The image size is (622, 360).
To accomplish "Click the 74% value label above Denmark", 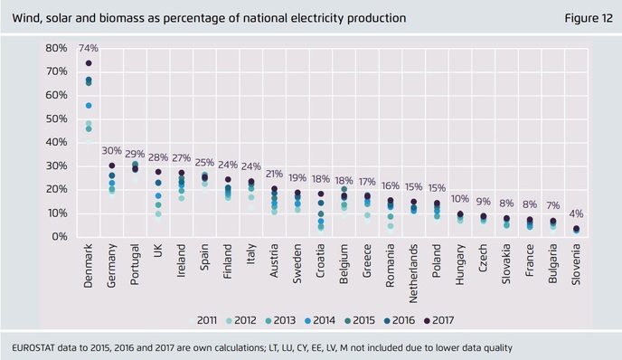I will point(89,48).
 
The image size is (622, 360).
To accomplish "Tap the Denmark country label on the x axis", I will point(89,267).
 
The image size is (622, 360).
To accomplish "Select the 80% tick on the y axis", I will point(55,48).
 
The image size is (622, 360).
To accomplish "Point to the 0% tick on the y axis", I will point(58,237).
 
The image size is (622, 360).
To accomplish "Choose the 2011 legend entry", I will point(206,319).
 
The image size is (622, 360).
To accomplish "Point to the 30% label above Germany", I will point(112,151).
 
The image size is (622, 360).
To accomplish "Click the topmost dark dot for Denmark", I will point(89,63).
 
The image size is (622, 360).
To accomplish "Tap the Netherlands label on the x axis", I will point(413,271).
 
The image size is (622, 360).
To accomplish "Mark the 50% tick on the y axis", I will point(55,118).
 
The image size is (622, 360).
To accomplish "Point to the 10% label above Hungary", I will point(460,199).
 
